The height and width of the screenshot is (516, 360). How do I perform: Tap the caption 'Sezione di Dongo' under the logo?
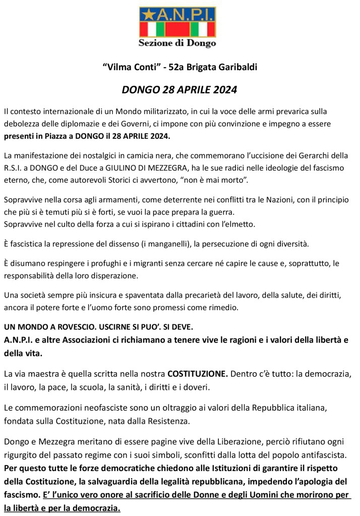pos(177,43)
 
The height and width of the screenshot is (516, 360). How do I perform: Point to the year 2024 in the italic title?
pos(222,91)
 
